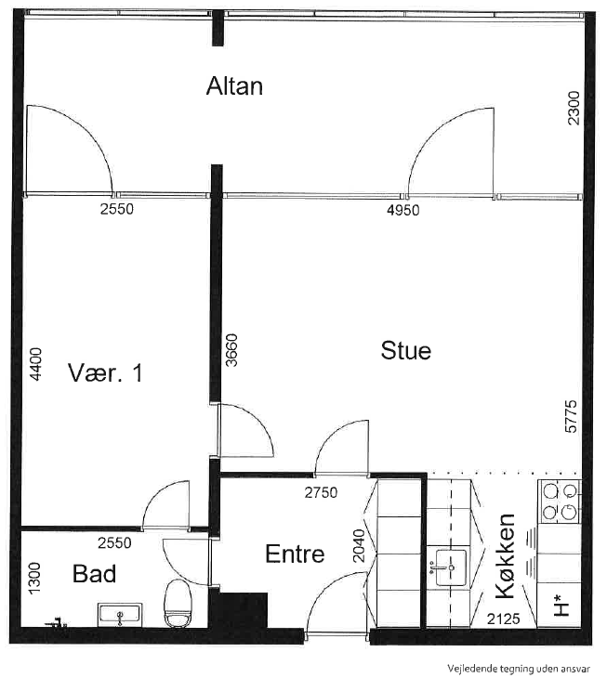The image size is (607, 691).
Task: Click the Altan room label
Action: [234, 86]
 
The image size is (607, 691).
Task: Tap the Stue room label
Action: [405, 351]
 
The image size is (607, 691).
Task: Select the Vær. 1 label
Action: [105, 373]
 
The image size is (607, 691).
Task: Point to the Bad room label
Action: [95, 574]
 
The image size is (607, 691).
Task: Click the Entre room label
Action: [295, 554]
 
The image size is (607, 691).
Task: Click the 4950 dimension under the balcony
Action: [402, 210]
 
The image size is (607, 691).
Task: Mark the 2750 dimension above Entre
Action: [321, 493]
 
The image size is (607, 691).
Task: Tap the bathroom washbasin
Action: [119, 613]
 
